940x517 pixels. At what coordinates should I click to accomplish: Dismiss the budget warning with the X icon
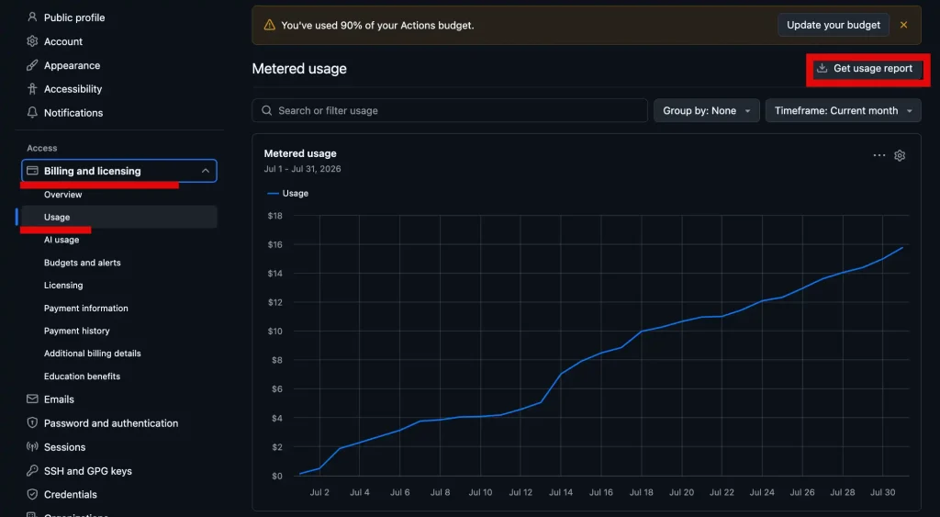coord(903,25)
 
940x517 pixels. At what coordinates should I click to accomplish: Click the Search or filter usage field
coord(450,110)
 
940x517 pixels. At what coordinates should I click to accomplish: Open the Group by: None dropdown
coord(706,110)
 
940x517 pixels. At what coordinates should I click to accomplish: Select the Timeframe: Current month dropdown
coord(843,110)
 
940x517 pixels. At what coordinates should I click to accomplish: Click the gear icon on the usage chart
coord(900,155)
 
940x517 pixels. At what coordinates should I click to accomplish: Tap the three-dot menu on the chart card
coord(878,155)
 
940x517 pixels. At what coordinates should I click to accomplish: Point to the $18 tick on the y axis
coord(275,216)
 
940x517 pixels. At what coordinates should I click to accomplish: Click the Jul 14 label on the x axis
coord(561,492)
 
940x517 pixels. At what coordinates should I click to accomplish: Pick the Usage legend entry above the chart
coord(287,193)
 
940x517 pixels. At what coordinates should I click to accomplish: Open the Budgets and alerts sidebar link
coord(82,263)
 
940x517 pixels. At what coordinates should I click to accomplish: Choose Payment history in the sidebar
coord(77,331)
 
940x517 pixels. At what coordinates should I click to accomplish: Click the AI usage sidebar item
coord(62,240)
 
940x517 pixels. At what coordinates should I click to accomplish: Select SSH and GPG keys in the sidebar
coord(87,471)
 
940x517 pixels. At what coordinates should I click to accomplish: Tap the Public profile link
coord(74,17)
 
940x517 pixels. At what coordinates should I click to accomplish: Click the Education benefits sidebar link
coord(82,377)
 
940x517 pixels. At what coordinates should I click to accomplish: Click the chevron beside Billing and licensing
coord(205,171)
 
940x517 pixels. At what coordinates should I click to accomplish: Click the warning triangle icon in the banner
coord(270,25)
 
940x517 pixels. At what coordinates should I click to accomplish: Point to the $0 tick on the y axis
coord(277,477)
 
